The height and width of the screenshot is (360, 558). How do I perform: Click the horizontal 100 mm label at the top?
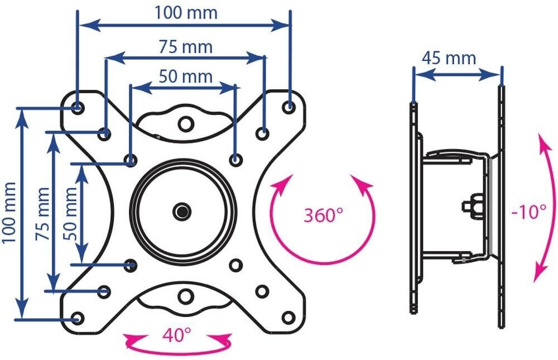coord(186,12)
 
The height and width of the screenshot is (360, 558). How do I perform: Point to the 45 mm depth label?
coord(449,57)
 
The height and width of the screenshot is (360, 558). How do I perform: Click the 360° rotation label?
coord(323,215)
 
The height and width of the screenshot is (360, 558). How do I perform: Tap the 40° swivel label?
coord(176,335)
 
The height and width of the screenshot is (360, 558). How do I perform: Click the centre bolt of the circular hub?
coord(181,211)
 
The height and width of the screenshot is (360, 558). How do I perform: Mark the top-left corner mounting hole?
coord(78,106)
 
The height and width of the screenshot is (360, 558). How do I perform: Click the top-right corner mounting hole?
coord(288,106)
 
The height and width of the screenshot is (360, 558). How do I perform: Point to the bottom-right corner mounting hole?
coord(288,317)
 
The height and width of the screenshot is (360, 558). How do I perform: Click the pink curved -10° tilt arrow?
coord(543,207)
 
